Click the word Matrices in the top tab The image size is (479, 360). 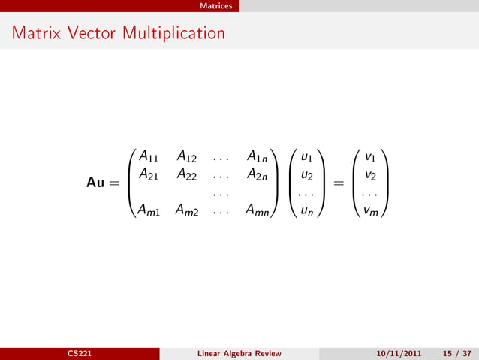[217, 6]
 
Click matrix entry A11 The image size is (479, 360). [147, 158]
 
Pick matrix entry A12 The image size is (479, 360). [186, 158]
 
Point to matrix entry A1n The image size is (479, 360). [259, 158]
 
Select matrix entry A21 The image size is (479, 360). [147, 174]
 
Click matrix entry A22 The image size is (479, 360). [186, 174]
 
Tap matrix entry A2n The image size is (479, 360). [259, 174]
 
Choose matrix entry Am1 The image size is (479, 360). [148, 211]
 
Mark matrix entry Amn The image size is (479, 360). [260, 211]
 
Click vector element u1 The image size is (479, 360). [307, 158]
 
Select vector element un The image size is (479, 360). [307, 211]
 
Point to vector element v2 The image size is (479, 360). [370, 174]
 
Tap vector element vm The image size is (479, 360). [370, 211]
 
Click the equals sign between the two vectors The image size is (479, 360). [339, 184]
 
